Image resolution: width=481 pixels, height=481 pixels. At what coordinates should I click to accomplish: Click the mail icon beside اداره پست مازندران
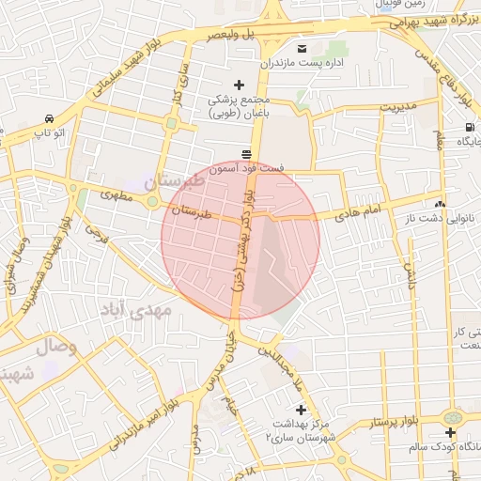point(303,48)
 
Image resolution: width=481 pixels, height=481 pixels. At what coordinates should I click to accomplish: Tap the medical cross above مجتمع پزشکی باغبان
point(239,85)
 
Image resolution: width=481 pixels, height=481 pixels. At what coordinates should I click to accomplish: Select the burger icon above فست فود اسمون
point(246,153)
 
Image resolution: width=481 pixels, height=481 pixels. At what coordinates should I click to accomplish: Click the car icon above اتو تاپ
point(48,119)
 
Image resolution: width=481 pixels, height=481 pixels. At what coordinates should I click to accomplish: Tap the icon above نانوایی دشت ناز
point(440,204)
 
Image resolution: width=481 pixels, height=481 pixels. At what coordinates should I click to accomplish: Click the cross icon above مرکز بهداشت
point(301,410)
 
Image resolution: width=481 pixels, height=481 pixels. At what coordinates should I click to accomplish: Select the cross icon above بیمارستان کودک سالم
point(451,432)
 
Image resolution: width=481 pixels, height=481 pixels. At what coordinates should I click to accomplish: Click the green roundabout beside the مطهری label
point(151,198)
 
